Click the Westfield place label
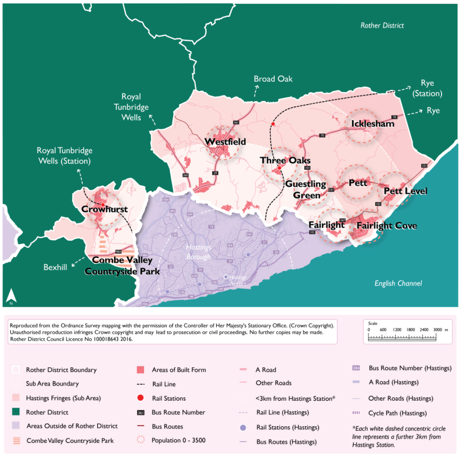coord(225,142)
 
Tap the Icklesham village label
coord(372,124)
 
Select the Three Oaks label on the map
coord(285,161)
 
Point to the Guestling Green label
coord(305,190)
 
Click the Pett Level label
coord(405,191)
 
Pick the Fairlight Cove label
coord(386,226)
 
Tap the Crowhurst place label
coord(104,210)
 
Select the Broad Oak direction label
coord(273,79)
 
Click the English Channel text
coord(398,283)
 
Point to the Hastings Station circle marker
coord(226,277)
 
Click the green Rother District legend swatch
coord(16,412)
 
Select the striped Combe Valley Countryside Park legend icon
coord(16,440)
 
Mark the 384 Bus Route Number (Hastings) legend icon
coord(356,368)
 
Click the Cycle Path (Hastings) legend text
coord(397,413)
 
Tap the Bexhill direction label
coord(55,267)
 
